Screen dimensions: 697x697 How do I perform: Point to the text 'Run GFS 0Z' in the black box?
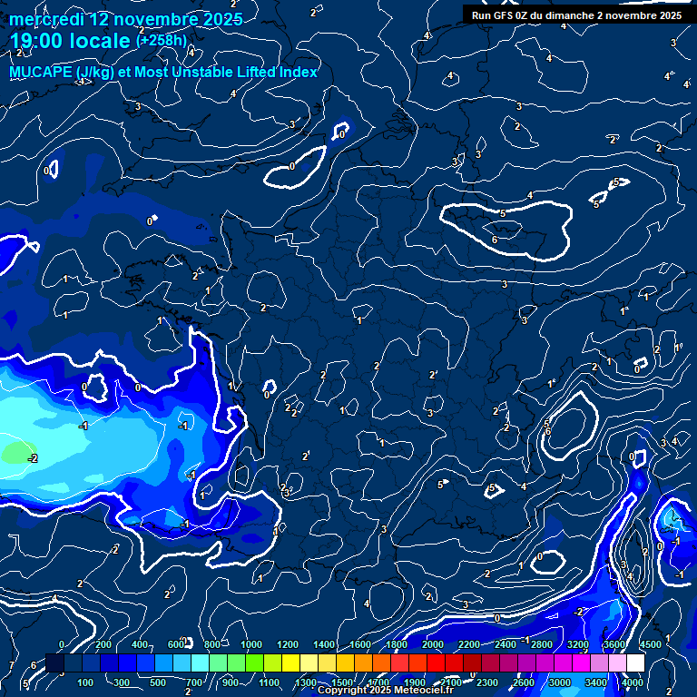499,15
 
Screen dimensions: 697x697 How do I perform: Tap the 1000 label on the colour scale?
252,644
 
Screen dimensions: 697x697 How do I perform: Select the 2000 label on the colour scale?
433,644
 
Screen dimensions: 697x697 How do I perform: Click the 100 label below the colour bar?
86,682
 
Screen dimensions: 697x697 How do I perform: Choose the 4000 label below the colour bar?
633,682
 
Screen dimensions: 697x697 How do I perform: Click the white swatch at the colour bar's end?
634,663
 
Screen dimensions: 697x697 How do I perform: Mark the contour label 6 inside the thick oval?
495,240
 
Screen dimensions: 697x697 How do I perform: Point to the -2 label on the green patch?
33,458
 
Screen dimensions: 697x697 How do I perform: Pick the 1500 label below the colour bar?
342,682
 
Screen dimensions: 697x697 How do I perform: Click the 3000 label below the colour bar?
561,682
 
